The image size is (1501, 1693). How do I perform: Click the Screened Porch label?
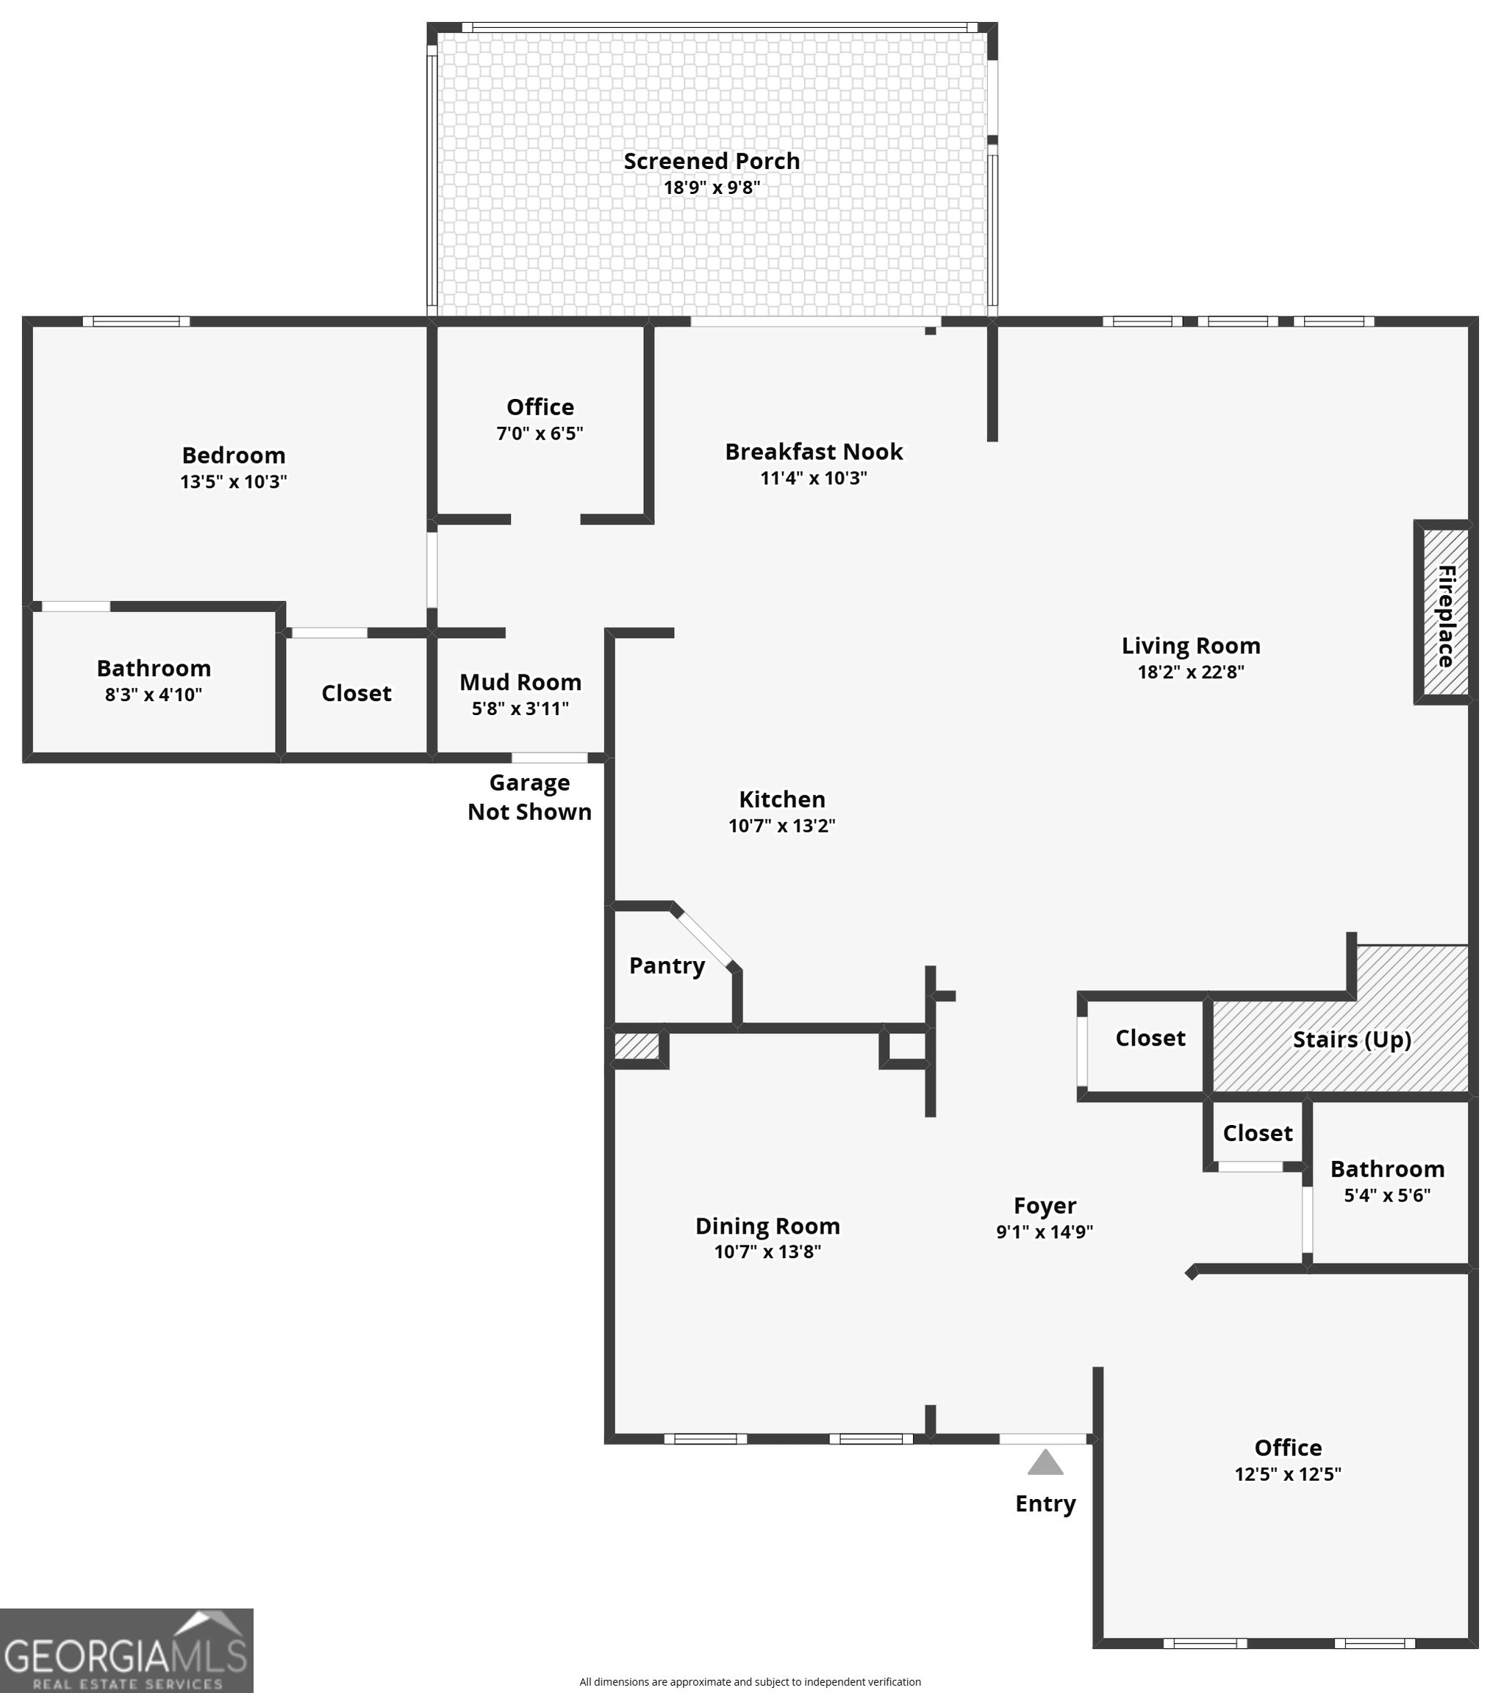[x=712, y=161]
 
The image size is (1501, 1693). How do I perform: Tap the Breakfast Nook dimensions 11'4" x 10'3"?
[x=814, y=478]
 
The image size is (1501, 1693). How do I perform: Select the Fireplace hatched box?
[x=1445, y=613]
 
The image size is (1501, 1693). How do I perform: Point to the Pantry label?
[x=667, y=965]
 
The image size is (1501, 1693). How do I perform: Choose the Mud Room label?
[x=520, y=683]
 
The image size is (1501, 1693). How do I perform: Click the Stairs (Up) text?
[x=1352, y=1040]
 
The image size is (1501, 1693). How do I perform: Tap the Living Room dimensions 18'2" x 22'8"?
[x=1190, y=672]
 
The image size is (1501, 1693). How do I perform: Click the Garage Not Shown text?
[x=529, y=797]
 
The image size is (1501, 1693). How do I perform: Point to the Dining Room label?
[x=767, y=1226]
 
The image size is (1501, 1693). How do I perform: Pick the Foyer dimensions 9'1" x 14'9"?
[x=1045, y=1232]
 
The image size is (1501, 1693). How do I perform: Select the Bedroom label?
[x=234, y=456]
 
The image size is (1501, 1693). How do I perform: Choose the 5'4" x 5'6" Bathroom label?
[x=1388, y=1170]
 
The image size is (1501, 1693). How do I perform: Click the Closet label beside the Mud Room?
[x=357, y=693]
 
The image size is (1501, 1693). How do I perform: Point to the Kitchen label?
[x=782, y=799]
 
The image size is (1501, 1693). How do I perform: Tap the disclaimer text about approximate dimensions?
[x=750, y=1681]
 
